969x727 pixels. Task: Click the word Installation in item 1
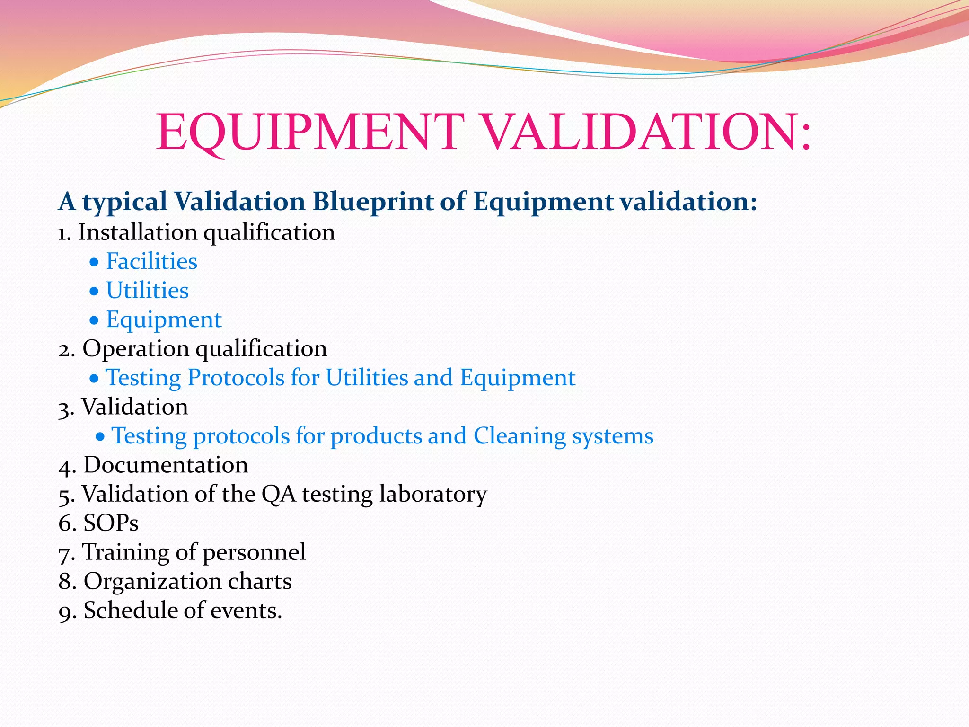(138, 232)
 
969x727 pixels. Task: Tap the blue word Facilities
(151, 261)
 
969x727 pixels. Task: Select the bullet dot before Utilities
(95, 291)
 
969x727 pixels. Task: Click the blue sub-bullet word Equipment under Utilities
(164, 320)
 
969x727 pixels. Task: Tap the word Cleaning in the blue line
(519, 436)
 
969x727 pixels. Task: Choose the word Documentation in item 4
(166, 465)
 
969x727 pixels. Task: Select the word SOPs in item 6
(111, 523)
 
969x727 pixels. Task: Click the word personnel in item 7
(254, 552)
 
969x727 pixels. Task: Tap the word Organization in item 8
(152, 581)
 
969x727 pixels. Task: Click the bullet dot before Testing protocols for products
(100, 436)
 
